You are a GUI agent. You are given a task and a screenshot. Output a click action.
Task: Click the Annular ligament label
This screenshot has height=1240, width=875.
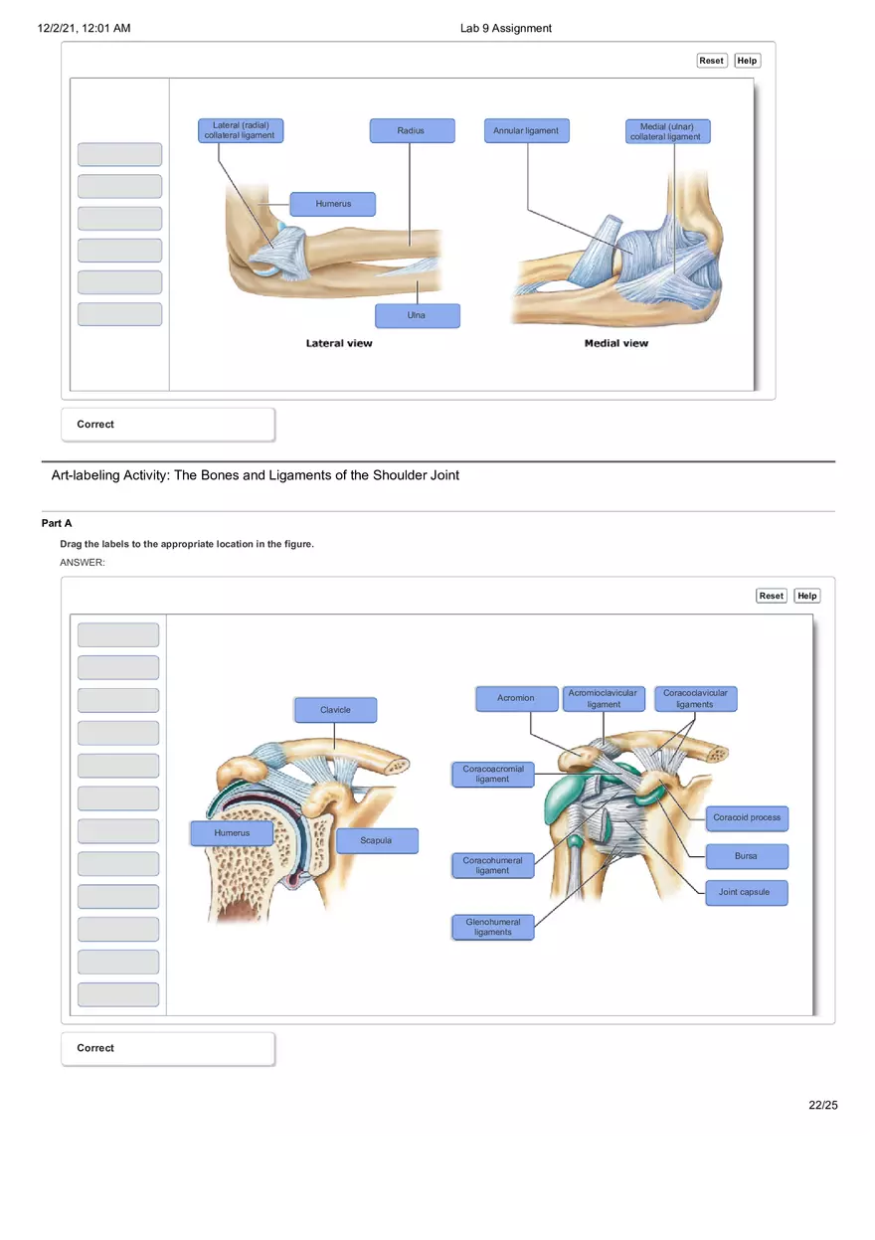click(527, 131)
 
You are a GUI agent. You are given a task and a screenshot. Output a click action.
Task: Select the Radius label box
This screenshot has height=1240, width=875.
click(412, 131)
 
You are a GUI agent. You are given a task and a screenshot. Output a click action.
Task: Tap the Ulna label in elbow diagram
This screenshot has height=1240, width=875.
click(418, 316)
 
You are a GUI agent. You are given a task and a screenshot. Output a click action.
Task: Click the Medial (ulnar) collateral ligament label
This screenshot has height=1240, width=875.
click(667, 131)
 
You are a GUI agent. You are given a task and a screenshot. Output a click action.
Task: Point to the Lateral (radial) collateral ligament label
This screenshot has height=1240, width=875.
click(240, 131)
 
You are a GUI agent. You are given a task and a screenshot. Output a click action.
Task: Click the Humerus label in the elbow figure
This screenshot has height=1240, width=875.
click(333, 204)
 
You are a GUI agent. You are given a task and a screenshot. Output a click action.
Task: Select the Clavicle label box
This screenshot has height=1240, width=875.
click(335, 710)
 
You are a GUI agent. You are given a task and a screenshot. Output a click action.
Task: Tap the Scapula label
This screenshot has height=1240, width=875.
click(377, 841)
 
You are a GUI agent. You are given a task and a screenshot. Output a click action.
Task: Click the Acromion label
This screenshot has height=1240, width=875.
click(516, 699)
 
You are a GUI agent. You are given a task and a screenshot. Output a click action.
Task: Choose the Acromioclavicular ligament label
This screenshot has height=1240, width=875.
click(604, 699)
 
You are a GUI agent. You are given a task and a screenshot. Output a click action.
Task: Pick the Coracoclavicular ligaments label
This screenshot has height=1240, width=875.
click(695, 699)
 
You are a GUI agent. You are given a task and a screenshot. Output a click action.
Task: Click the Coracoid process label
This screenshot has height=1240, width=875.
click(747, 818)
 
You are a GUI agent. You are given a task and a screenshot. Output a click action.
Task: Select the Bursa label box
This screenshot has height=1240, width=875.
click(747, 856)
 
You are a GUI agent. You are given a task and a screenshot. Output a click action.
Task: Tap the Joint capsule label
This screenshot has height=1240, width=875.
click(745, 893)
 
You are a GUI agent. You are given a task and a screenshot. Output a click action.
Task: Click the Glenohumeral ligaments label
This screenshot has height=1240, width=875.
click(493, 928)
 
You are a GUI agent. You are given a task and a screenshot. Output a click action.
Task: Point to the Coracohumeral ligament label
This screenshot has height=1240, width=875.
click(493, 866)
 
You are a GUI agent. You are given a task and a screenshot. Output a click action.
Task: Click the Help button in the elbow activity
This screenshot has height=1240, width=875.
click(748, 61)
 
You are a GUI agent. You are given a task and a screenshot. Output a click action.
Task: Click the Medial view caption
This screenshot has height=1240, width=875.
click(616, 343)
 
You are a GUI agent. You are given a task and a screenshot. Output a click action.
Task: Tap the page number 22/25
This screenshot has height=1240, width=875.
click(823, 1105)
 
